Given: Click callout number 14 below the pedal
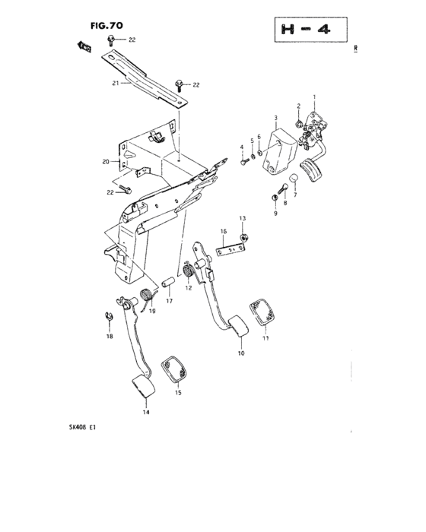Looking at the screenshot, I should [x=145, y=412].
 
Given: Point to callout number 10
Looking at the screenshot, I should [x=241, y=353].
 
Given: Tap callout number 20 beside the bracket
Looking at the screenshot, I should [x=106, y=162].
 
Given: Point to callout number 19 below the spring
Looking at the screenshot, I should [x=152, y=311].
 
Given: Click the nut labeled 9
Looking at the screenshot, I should [x=273, y=198].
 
